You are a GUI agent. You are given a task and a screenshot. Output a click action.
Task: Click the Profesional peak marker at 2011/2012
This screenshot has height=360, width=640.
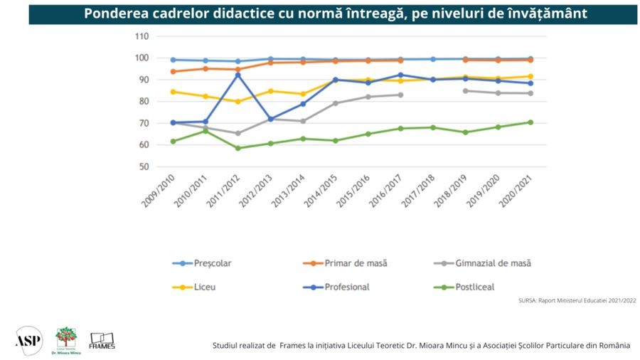(238, 75)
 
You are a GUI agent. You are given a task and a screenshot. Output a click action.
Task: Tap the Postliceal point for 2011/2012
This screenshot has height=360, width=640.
(238, 148)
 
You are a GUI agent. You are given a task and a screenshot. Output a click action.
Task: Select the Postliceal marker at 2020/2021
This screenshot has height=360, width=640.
(530, 122)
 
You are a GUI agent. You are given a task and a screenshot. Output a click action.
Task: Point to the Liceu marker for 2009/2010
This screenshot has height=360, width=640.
(173, 92)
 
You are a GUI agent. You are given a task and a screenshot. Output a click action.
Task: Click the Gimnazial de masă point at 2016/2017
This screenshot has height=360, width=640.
(400, 95)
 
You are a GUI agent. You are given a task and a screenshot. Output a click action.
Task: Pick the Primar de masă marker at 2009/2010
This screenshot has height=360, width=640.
(173, 72)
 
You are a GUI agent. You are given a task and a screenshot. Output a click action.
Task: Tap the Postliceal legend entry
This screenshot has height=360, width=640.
(476, 287)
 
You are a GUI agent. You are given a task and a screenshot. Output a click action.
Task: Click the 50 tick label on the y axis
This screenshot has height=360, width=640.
(144, 167)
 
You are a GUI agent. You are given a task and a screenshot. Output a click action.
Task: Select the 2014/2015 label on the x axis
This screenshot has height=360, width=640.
(320, 191)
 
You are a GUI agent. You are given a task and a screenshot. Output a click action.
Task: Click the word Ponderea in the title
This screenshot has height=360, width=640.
(114, 14)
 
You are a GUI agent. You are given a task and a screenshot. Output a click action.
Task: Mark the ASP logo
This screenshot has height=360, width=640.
(28, 340)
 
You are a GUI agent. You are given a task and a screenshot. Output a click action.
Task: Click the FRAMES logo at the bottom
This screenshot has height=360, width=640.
(102, 341)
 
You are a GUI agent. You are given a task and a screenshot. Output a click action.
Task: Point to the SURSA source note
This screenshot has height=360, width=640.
(577, 301)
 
